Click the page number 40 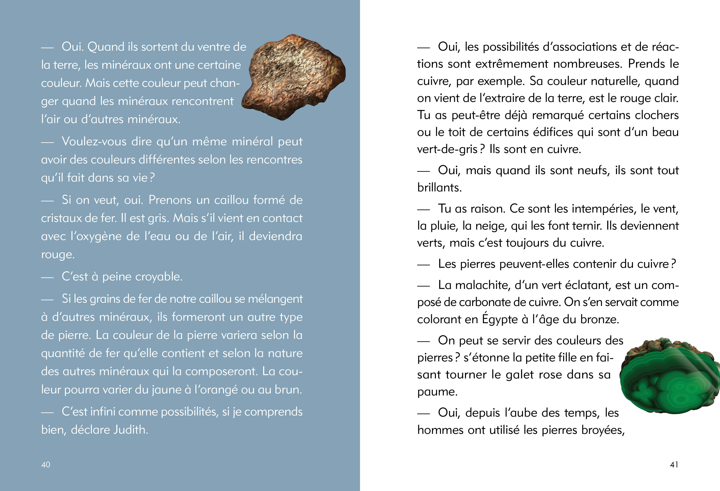coord(46,464)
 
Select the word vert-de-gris coord(447,149)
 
